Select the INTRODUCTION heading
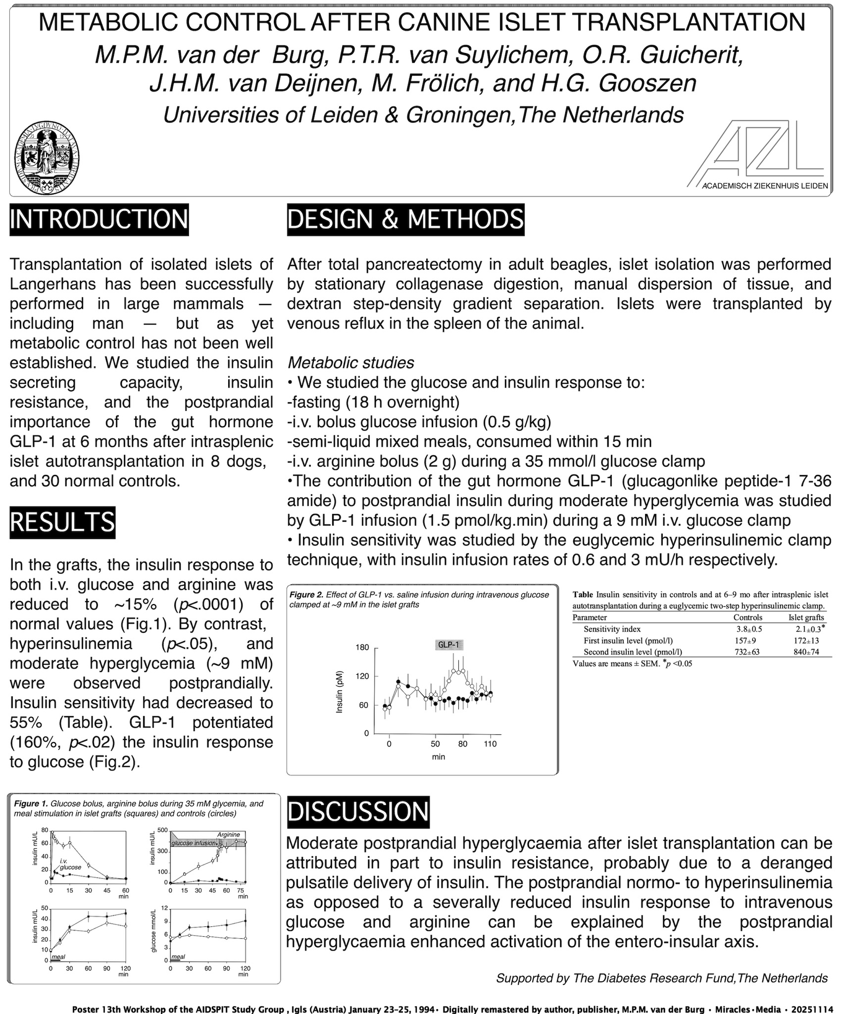pos(99,219)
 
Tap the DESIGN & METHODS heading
pos(405,219)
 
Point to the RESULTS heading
pos(62,523)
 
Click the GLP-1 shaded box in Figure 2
pos(450,645)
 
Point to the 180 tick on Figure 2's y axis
pos(362,648)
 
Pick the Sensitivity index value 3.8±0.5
pos(749,629)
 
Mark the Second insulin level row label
pos(629,652)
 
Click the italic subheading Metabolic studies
pos(350,363)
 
